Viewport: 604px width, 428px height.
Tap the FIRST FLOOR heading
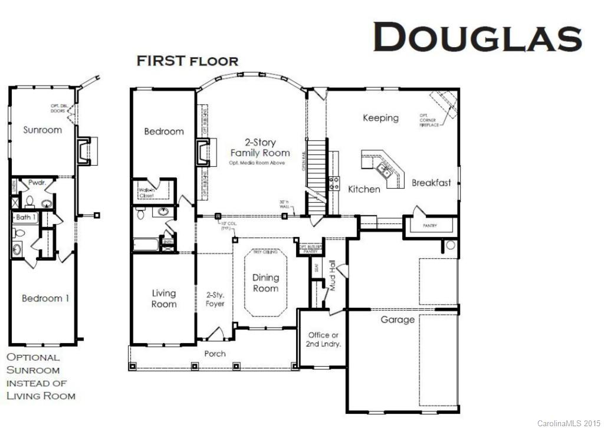coord(188,61)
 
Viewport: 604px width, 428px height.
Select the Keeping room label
coord(380,118)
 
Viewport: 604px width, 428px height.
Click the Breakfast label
coord(431,183)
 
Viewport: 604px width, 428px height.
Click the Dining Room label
coord(265,283)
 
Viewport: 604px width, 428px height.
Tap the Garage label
coord(397,320)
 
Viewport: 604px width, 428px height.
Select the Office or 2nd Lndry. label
coord(323,339)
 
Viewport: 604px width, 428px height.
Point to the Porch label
coord(215,354)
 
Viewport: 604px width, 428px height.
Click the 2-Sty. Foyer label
coord(215,299)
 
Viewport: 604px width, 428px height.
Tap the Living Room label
coord(164,298)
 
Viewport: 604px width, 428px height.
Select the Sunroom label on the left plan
coord(42,130)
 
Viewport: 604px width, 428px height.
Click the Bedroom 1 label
coord(45,298)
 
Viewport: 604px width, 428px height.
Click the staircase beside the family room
coord(316,171)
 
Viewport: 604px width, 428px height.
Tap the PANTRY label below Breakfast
coord(429,225)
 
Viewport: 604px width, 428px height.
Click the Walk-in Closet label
coord(146,193)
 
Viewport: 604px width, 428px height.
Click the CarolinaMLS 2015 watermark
coord(569,423)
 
